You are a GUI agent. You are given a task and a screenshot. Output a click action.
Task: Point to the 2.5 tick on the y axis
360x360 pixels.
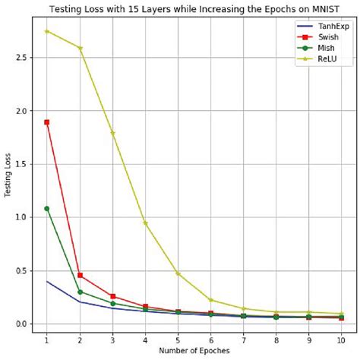(21, 57)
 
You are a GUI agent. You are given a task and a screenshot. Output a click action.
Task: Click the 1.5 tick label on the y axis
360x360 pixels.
(21, 164)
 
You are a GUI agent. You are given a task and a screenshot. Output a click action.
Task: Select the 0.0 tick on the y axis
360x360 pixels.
(21, 324)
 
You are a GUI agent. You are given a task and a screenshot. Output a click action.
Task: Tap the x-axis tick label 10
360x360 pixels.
(341, 338)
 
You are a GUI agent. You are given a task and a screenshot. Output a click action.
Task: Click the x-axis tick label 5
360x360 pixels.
(178, 338)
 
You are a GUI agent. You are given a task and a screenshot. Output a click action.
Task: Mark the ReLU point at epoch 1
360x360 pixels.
(47, 31)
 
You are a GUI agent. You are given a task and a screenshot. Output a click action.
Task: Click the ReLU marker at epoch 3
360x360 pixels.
(112, 133)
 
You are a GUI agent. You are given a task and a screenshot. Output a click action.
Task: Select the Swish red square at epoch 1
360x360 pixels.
(47, 122)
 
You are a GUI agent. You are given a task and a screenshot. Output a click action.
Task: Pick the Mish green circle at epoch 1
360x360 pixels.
(47, 208)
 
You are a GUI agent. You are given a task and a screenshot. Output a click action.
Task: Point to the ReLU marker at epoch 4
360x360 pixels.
(145, 223)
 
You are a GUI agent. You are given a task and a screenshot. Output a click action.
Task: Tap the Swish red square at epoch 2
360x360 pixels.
(80, 275)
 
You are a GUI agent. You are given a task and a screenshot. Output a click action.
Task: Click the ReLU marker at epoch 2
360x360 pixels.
(80, 48)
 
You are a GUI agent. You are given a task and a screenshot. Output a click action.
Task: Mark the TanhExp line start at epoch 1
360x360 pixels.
(47, 282)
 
